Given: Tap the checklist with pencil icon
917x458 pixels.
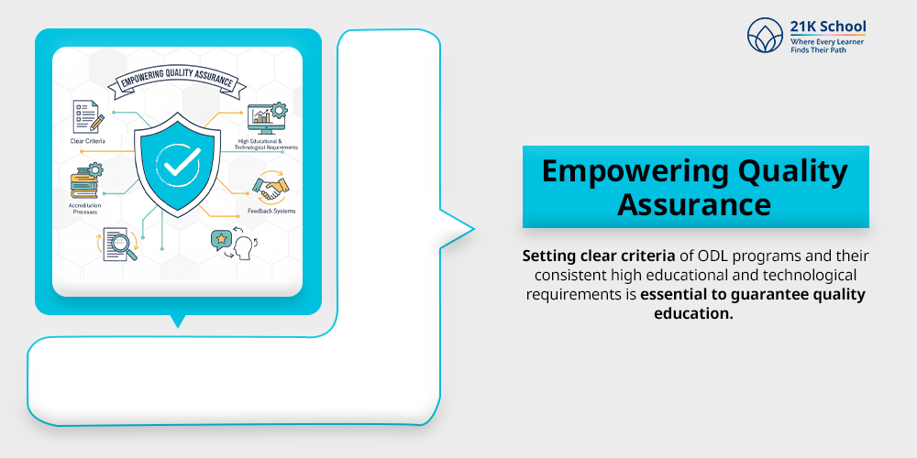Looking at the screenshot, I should point(87,117).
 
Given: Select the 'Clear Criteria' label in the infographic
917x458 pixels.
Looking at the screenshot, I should point(87,141).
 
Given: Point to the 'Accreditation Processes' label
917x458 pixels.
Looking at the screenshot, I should point(86,208).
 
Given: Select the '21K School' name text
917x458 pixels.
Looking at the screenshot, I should point(827,27).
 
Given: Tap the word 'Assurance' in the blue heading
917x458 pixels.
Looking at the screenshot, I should point(694,204).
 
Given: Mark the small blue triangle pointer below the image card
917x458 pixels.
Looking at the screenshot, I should point(178,322).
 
